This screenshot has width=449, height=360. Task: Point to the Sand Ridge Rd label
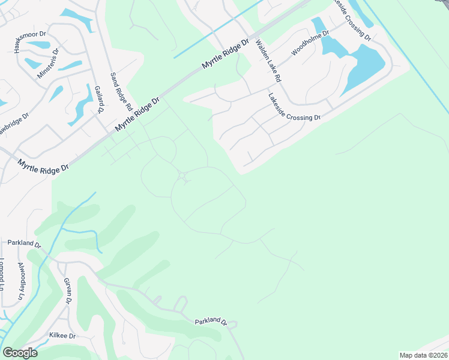click(121, 92)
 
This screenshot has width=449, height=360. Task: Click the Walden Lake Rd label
click(268, 61)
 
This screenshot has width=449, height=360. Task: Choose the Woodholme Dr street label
click(310, 43)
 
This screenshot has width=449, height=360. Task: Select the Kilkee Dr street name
click(62, 336)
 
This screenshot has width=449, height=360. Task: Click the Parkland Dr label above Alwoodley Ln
click(24, 244)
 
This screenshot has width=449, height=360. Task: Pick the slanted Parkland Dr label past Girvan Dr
click(211, 322)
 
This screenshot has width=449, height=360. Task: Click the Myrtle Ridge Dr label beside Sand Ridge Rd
click(137, 115)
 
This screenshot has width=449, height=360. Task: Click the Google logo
click(20, 353)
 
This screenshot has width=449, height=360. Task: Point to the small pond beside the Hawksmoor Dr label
click(38, 44)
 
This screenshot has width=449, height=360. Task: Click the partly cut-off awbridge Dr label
click(13, 125)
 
